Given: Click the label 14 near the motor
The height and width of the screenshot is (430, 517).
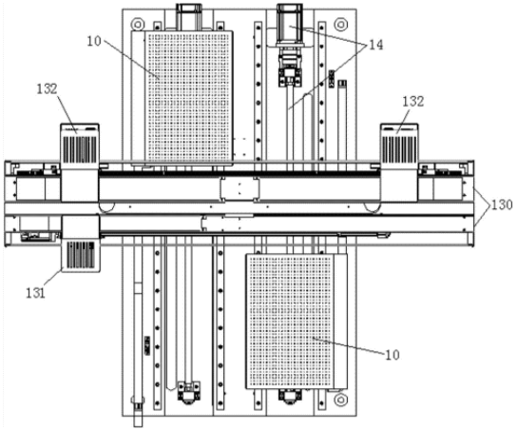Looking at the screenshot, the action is click(375, 45).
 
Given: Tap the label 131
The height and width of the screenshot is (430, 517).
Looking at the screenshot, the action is click(35, 292).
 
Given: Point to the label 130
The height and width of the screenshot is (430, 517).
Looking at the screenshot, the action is click(502, 205).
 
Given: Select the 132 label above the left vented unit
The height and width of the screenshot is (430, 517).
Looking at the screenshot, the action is click(47, 88).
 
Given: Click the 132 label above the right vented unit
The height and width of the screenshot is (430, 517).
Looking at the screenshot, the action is click(413, 101).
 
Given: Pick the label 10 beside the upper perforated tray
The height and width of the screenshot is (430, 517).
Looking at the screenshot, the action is click(94, 41).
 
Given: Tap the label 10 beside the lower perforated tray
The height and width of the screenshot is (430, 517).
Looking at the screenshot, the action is click(393, 355).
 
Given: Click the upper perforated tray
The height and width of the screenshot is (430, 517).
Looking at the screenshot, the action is click(188, 96).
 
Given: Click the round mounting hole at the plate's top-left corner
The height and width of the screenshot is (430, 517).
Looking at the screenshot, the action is click(136, 24).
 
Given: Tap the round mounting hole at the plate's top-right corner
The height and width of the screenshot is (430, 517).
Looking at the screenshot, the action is click(339, 24).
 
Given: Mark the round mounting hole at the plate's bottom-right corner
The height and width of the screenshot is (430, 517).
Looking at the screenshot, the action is click(339, 400).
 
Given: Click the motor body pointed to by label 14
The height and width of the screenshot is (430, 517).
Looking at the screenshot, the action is click(290, 25).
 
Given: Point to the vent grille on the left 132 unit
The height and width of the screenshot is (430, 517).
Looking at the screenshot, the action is click(80, 149).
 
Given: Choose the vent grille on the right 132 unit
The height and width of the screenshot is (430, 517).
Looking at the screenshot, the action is click(399, 149).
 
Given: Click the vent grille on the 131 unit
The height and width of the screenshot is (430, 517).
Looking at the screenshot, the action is click(81, 254).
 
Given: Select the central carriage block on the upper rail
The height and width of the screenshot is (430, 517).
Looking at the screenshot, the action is click(239, 188).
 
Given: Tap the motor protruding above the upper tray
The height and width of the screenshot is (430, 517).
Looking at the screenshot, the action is click(188, 16).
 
